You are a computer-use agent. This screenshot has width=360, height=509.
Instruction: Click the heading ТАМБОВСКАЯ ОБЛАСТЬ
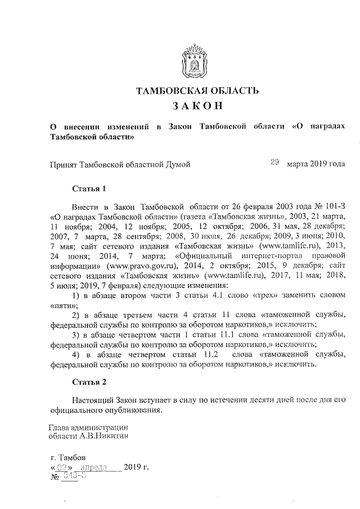coord(194,91)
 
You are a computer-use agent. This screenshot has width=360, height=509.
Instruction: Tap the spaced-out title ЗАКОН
coord(194,106)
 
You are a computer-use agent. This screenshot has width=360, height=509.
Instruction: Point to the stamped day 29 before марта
coord(275,163)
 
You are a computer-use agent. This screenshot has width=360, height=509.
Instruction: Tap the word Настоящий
coord(93,399)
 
